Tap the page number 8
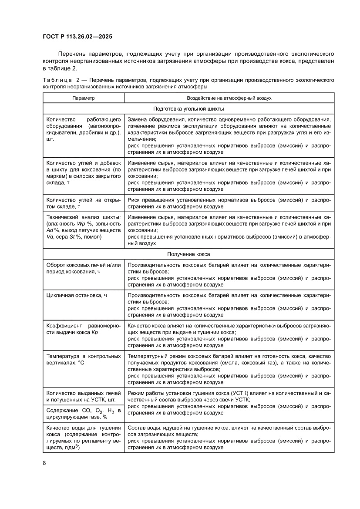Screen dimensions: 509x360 44,462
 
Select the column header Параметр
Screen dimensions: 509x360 83,98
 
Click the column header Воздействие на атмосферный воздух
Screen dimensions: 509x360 229,98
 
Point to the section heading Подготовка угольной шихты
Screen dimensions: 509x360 188,109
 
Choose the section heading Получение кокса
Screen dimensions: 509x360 188,254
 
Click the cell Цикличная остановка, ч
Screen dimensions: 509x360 77,295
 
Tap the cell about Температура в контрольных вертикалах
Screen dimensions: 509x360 83,359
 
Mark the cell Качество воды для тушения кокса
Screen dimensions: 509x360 83,438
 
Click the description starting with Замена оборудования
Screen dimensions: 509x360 229,135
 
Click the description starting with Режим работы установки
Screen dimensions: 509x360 229,403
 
